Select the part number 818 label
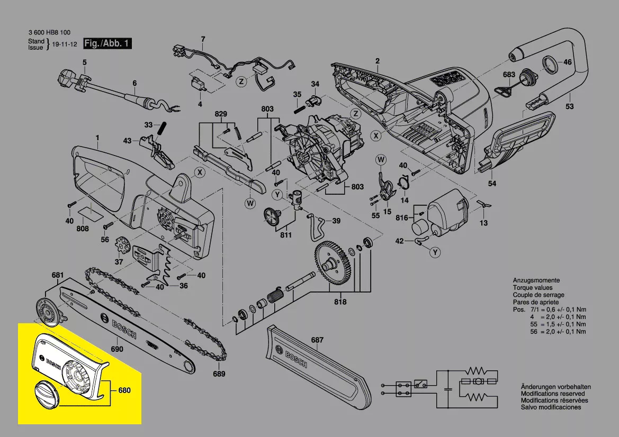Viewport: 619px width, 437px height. pos(340,302)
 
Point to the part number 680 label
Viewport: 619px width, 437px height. pos(124,390)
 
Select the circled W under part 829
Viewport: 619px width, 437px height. pos(250,203)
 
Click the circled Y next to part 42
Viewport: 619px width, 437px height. pos(435,252)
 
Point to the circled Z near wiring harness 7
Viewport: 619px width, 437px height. pos(241,82)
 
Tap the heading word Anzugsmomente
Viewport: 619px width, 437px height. pos(536,280)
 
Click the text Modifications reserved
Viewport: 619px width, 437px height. pos(553,394)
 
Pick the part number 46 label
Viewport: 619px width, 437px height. pos(568,62)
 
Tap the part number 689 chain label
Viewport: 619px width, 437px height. pos(219,374)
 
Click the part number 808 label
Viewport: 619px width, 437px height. pos(83,229)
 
